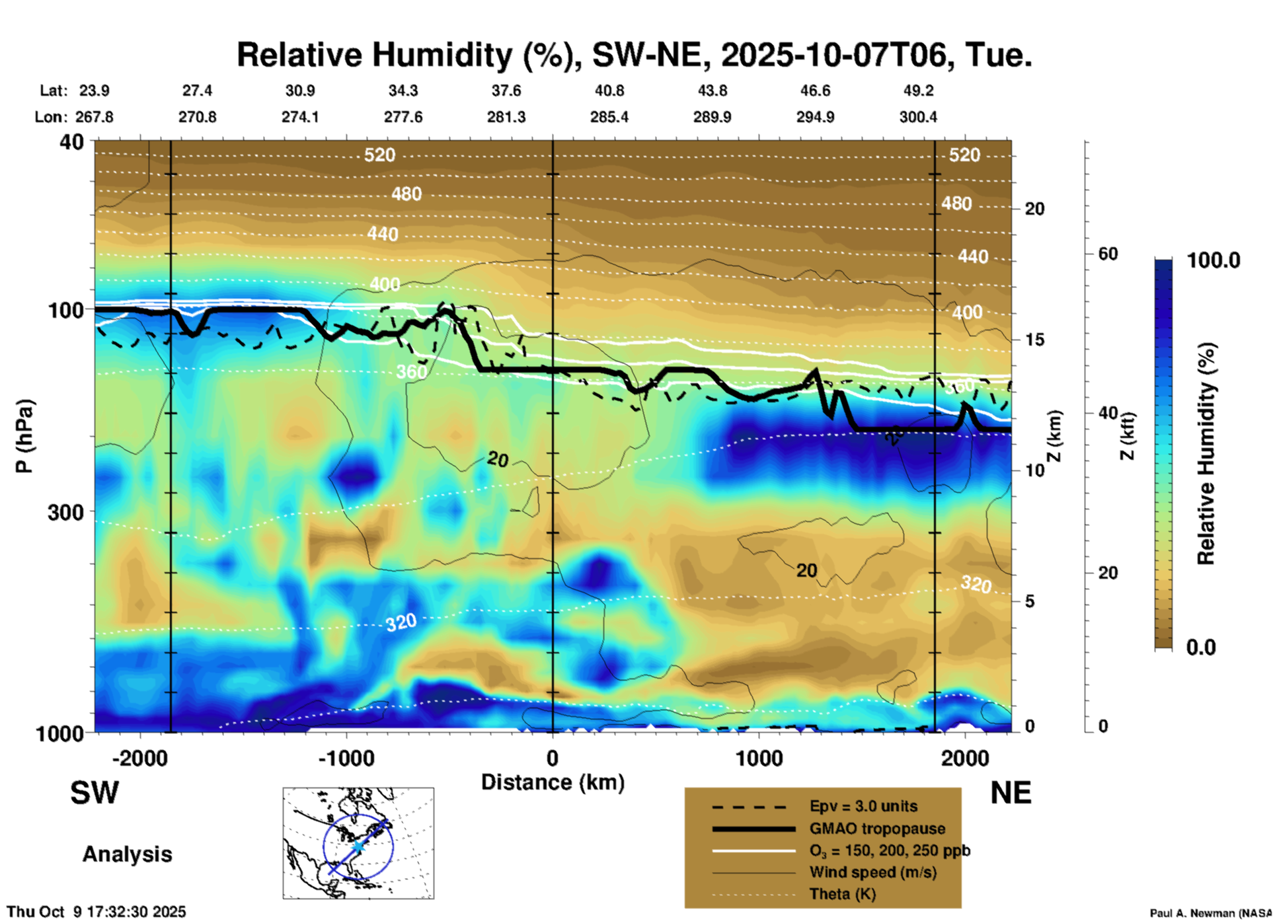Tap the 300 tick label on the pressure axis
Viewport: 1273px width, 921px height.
pos(65,512)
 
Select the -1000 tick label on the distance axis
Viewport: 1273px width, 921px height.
pos(346,758)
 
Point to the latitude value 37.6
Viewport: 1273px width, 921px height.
pos(506,91)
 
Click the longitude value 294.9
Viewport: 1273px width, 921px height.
pos(815,117)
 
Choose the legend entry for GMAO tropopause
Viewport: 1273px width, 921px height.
pos(876,829)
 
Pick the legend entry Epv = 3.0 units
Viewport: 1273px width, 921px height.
pos(863,806)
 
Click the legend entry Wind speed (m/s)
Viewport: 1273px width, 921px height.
pos(872,872)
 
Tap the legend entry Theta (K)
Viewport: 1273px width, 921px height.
pos(842,894)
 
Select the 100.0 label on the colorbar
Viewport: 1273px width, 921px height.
pos(1214,260)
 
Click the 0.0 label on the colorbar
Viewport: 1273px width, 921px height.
pos(1201,647)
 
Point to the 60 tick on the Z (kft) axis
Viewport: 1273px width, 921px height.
pos(1108,254)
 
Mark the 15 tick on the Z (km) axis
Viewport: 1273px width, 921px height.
pos(1034,340)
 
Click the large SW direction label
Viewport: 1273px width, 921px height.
pos(95,793)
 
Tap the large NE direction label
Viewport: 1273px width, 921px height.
pos(1011,793)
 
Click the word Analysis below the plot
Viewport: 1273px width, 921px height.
pos(127,854)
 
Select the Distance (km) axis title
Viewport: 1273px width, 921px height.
pos(553,782)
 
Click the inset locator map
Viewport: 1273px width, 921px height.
pos(358,843)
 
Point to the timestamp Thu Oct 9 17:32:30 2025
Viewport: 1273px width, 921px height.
pos(96,912)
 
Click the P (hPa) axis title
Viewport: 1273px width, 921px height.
pos(24,436)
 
